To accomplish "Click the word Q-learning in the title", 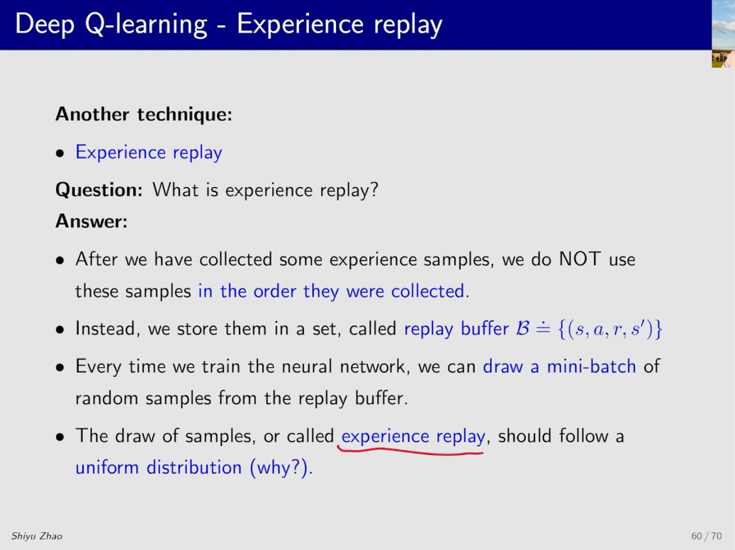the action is coord(146,24).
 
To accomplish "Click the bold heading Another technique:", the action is coord(144,114).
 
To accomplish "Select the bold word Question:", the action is coord(99,190).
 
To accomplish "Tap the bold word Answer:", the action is coord(91,221).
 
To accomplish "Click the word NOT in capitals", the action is coord(580,259).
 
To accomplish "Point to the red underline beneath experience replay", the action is coord(410,451).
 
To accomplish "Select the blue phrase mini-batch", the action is coord(592,366).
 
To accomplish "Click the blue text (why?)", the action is coord(279,468).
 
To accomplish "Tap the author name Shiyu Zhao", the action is coord(37,536).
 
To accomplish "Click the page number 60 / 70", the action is coord(707,535).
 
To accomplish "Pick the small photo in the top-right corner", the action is coord(723,34).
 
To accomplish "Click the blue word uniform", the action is coord(107,467).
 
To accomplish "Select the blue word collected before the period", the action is coord(427,291).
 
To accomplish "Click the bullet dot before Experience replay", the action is coord(60,153).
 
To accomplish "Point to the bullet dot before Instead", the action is coord(60,330).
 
